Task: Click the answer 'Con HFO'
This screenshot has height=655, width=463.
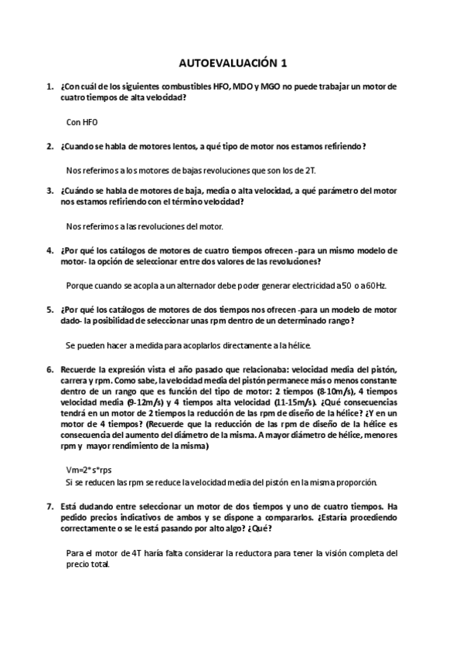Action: coord(83,121)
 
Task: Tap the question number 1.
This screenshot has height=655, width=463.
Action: coord(49,87)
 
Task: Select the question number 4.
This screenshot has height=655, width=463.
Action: coord(49,250)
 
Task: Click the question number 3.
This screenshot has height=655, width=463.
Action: coord(49,191)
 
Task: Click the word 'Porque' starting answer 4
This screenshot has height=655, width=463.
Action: coord(82,285)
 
